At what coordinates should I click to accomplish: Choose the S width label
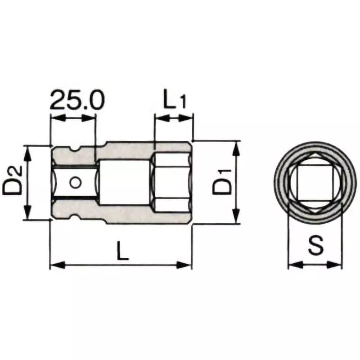[x=315, y=247]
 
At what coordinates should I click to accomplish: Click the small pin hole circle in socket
[x=75, y=182]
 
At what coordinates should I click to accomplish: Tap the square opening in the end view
[x=314, y=182]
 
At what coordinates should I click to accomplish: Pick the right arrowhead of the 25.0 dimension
[x=91, y=118]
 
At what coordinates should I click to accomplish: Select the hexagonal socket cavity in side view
[x=171, y=182]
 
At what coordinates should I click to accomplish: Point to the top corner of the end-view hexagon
[x=314, y=154]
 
